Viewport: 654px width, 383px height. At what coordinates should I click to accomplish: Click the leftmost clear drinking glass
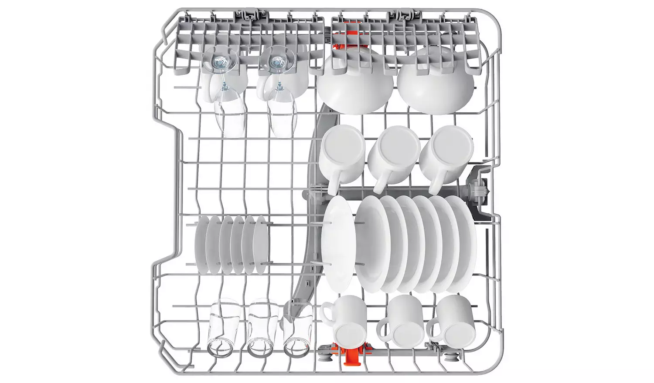point(219,329)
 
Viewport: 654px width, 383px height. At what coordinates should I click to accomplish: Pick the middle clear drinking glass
point(258,329)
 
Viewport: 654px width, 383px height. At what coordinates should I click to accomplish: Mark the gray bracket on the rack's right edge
point(478,191)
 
